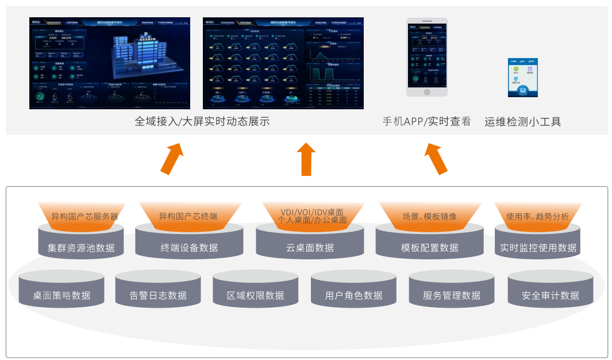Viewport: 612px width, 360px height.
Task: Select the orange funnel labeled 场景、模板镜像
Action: [x=429, y=216]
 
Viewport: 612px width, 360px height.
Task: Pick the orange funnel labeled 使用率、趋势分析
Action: [x=538, y=216]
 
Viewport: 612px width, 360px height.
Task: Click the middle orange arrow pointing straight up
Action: [x=306, y=159]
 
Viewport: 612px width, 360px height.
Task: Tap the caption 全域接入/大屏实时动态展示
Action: [x=202, y=121]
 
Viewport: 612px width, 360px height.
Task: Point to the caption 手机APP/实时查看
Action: [x=426, y=121]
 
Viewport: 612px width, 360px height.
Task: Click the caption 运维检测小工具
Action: [x=522, y=121]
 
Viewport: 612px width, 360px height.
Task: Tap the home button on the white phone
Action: [x=426, y=91]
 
